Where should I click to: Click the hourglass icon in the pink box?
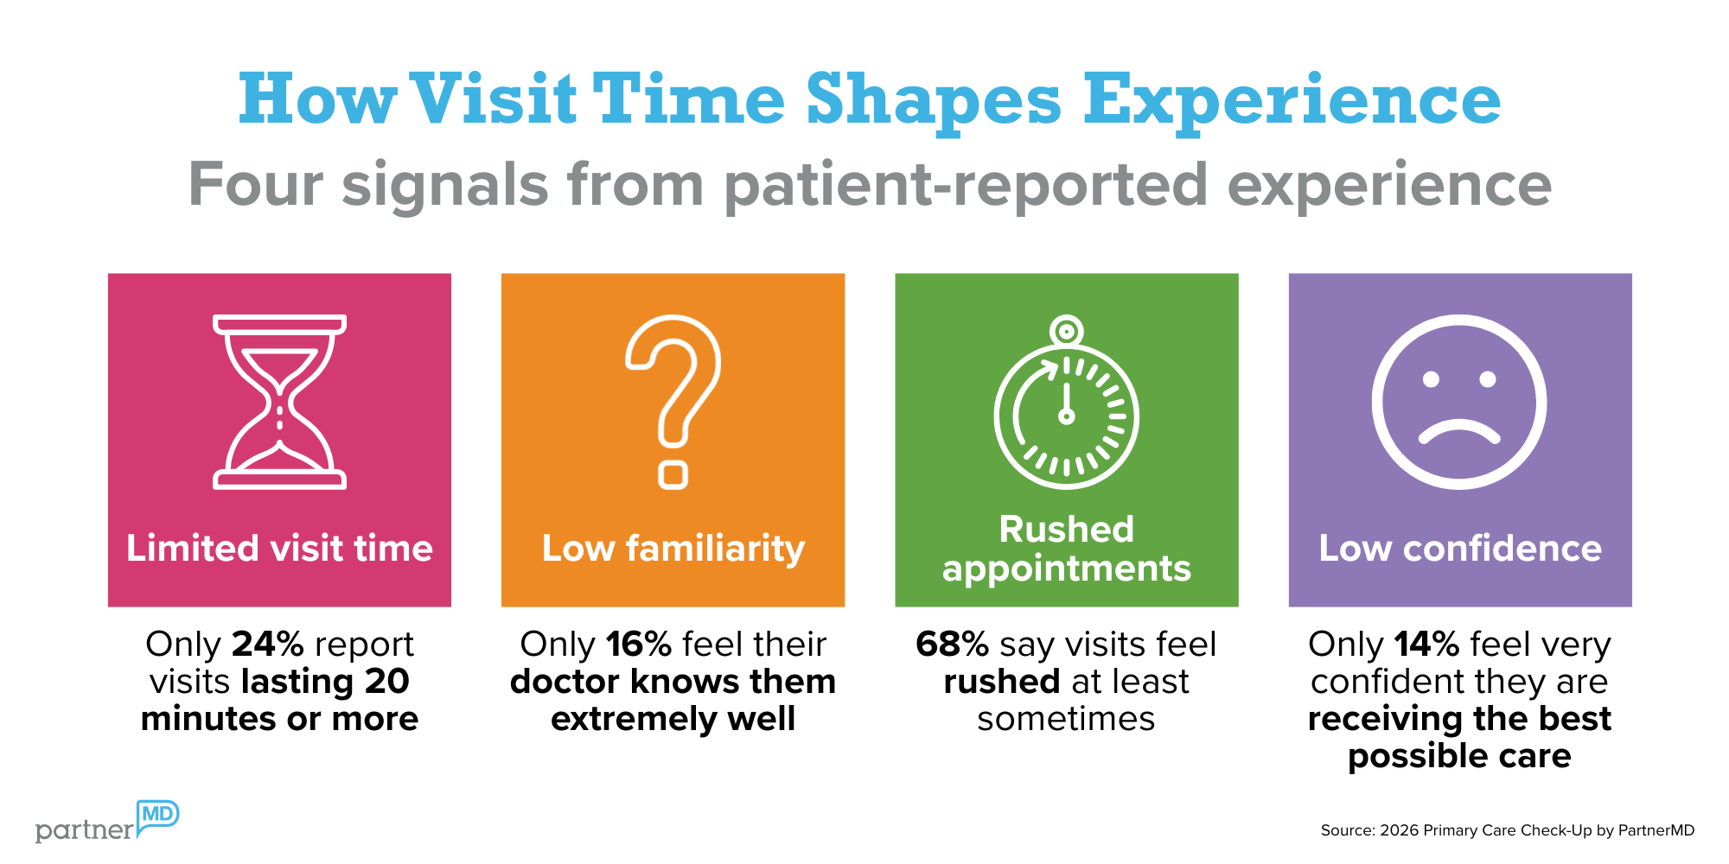click(279, 402)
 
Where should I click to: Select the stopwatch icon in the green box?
click(1066, 406)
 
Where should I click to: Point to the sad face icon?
click(1459, 403)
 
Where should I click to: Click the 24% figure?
click(268, 645)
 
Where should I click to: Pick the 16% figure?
click(639, 645)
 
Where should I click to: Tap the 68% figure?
click(952, 645)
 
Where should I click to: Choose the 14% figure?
click(1427, 645)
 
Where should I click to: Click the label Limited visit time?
click(279, 549)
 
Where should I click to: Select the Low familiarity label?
click(673, 550)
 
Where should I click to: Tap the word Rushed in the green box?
click(1066, 529)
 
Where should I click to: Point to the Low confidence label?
click(1460, 549)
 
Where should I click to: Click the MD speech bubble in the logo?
click(157, 815)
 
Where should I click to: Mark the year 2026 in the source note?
click(1400, 830)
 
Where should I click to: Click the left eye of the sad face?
click(1431, 378)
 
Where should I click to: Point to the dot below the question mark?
click(673, 475)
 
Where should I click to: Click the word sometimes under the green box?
click(1066, 719)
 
